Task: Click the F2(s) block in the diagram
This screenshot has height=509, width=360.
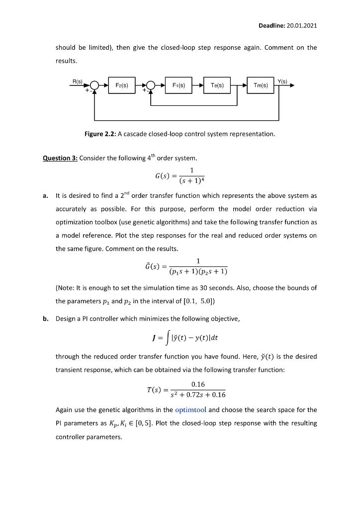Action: [122, 85]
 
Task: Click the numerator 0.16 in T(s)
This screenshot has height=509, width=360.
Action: [197, 383]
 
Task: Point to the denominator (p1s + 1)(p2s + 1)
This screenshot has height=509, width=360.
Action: [197, 271]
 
